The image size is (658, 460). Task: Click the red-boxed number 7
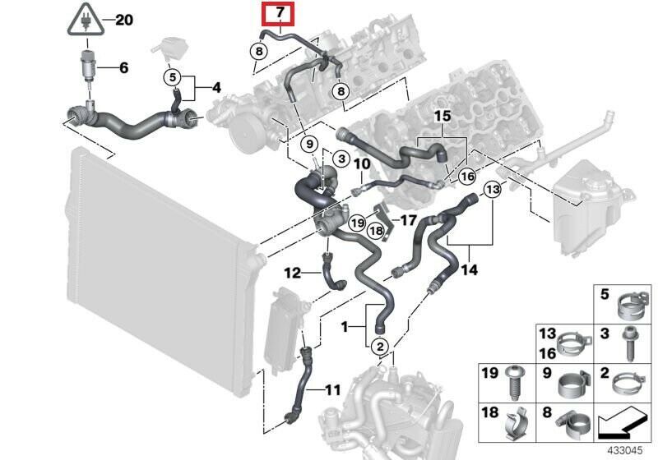[278, 14]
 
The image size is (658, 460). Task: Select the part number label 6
[123, 67]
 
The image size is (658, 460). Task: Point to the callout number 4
[216, 85]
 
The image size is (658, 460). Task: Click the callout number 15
[443, 117]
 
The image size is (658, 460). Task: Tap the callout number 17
[409, 220]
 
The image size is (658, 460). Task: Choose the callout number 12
[293, 272]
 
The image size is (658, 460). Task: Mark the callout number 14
[468, 269]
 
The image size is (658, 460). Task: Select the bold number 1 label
[345, 327]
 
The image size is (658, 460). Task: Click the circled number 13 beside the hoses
[492, 191]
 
